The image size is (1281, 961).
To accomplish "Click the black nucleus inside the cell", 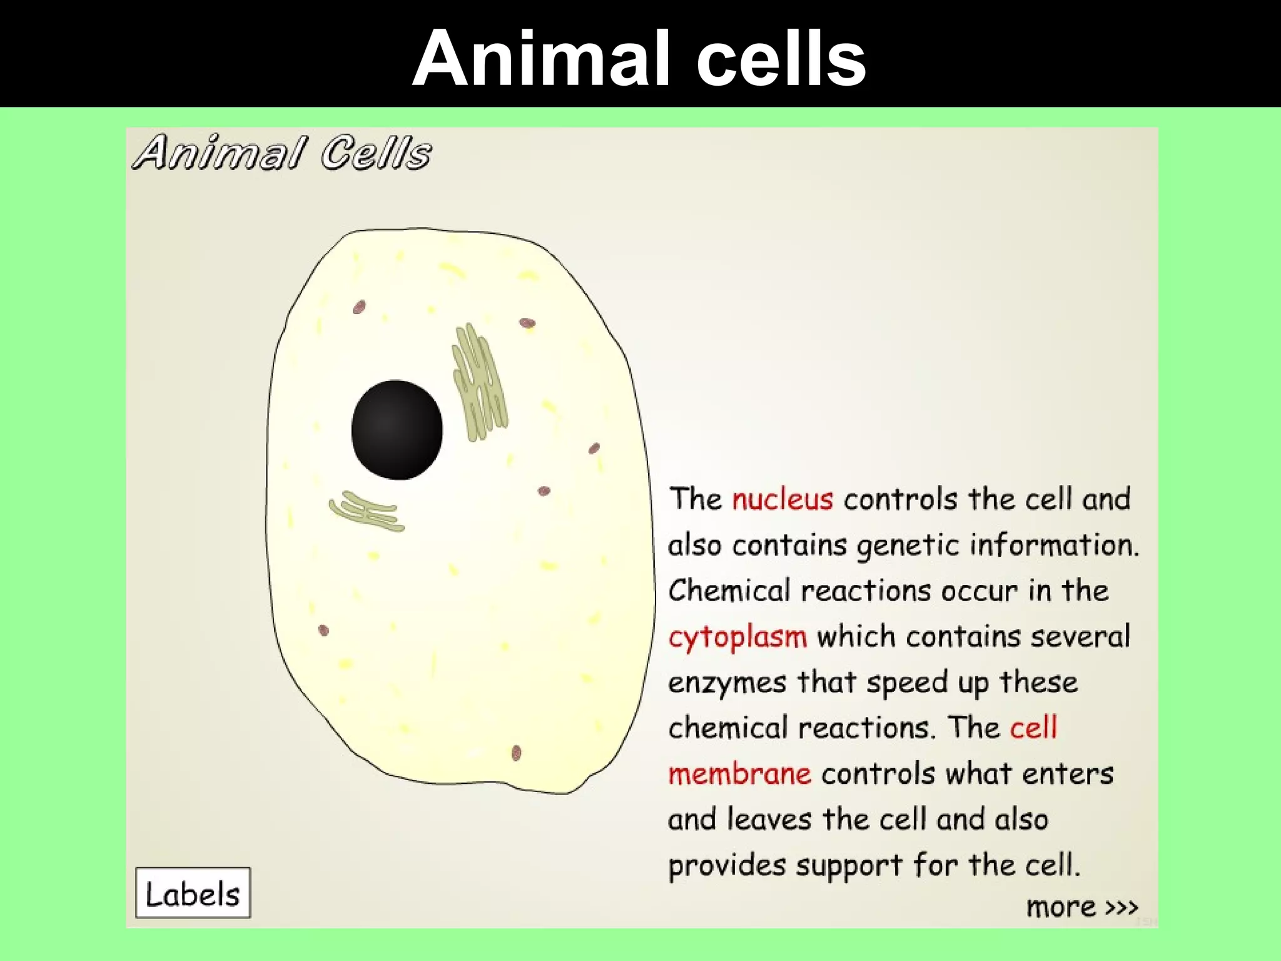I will [397, 430].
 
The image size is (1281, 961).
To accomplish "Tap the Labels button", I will [193, 893].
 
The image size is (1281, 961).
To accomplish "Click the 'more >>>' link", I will [1081, 907].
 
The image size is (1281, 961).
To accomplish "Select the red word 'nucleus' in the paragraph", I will [782, 499].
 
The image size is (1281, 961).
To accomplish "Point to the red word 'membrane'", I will [739, 774].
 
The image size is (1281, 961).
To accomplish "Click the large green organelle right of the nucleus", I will [479, 382].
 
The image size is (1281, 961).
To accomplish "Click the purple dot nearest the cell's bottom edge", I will [516, 753].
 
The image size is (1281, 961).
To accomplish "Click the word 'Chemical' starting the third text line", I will [729, 591].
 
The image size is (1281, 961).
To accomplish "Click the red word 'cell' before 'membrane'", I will [1033, 728].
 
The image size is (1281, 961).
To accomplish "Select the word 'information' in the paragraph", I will [1053, 545].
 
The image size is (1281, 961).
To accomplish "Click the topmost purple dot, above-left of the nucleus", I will [359, 307].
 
